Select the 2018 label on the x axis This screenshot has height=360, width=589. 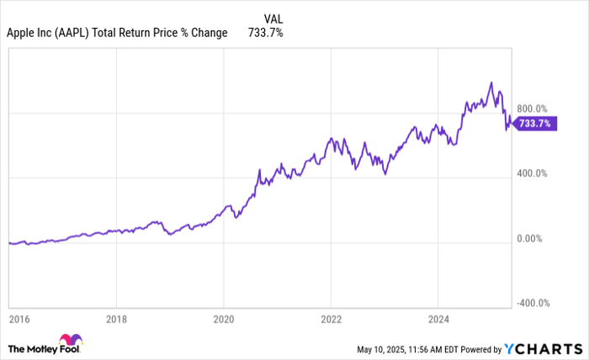click(117, 320)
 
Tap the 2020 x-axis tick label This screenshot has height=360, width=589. click(224, 320)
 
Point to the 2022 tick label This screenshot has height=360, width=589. click(331, 320)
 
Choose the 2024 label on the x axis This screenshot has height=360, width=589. click(438, 320)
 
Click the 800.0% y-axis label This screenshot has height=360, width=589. click(532, 109)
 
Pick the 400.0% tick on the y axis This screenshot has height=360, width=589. click(532, 173)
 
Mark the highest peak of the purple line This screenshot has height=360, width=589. click(491, 82)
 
